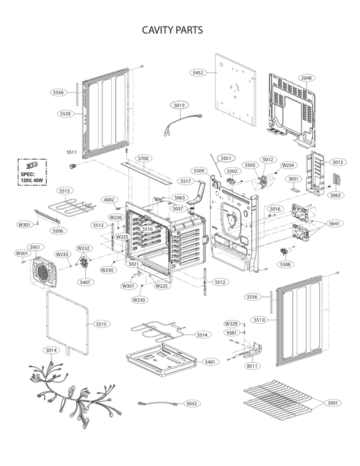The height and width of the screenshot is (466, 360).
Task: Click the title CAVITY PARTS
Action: coord(172,30)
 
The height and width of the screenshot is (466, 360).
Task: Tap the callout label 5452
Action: coord(198,73)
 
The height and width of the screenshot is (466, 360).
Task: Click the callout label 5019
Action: coord(179,105)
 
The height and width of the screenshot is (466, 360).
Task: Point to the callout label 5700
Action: coord(143,158)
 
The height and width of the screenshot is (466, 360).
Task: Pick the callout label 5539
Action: coord(65,113)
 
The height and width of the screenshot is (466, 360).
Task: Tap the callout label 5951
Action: coord(35,247)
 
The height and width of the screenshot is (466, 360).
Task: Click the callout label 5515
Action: coord(101,324)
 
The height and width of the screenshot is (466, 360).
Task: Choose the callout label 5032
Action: coord(191,404)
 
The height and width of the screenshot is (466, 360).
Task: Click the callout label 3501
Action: coord(332,403)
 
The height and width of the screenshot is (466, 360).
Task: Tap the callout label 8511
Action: coord(253,366)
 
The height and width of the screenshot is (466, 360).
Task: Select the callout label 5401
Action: coord(209,361)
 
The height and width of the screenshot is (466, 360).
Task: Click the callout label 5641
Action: coord(335,223)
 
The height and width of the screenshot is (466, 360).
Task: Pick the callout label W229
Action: coord(232,324)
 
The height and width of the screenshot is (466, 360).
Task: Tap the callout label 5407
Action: coord(85,282)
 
